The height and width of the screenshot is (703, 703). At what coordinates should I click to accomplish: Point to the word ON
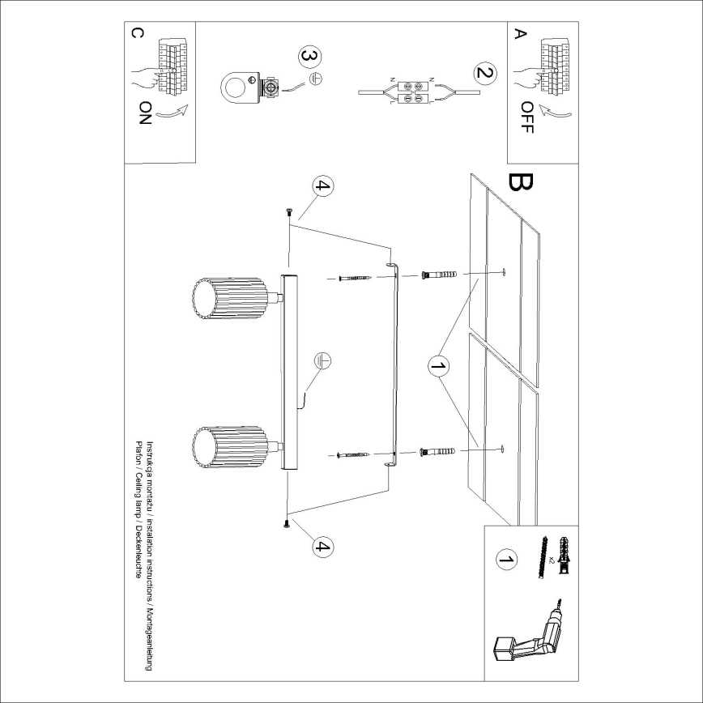tap(144, 117)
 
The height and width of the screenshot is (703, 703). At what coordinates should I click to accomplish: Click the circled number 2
tap(484, 74)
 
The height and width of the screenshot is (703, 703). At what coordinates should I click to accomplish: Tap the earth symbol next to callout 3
tap(318, 79)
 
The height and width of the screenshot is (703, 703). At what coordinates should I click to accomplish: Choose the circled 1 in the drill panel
tap(505, 559)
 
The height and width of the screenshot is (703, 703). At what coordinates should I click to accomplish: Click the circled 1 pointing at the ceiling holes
tap(438, 367)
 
